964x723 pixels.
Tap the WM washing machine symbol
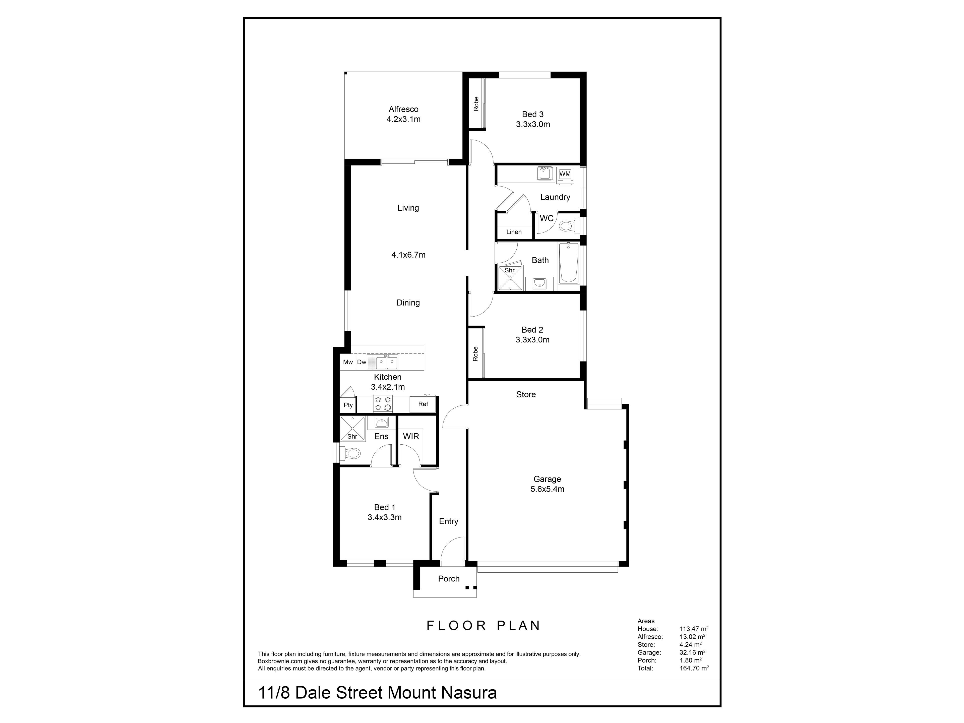[565, 174]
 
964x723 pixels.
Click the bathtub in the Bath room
[568, 263]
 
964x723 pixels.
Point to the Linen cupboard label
[514, 232]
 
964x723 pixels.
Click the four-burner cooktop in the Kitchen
[383, 404]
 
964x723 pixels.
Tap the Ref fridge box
[423, 404]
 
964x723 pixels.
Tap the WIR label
[411, 436]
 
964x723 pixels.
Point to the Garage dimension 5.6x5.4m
[547, 489]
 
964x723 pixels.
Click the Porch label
[449, 579]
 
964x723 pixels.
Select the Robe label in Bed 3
[476, 104]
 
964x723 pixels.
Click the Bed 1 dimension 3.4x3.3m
[384, 517]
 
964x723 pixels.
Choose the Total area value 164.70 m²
[694, 668]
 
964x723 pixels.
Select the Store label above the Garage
[526, 394]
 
